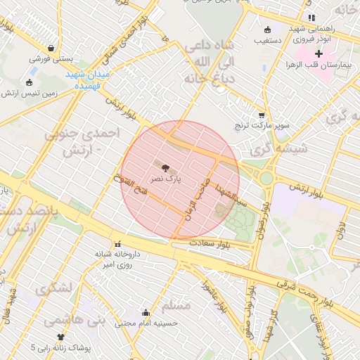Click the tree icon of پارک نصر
(x=165, y=169)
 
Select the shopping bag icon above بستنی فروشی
(x=51, y=49)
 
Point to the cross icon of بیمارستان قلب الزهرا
(x=319, y=53)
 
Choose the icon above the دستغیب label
(x=266, y=30)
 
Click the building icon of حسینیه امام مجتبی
(x=146, y=313)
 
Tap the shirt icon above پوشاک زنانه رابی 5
(x=60, y=337)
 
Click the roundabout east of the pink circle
(x=266, y=178)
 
